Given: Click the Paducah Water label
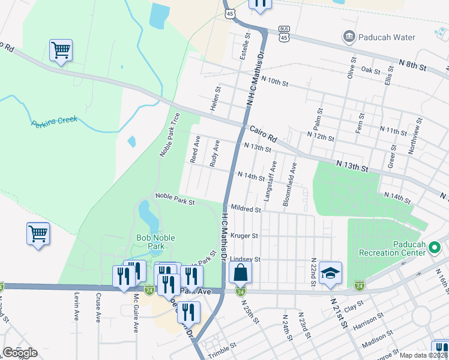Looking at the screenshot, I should pyautogui.click(x=387, y=37).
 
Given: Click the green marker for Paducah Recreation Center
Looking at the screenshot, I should pyautogui.click(x=436, y=246).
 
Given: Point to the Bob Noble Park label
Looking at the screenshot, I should pyautogui.click(x=155, y=242).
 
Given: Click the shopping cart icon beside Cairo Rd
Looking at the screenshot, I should pyautogui.click(x=61, y=50).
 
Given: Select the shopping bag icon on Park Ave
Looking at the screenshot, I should pyautogui.click(x=240, y=272).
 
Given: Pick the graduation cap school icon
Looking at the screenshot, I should pyautogui.click(x=330, y=272).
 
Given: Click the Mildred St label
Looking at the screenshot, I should pyautogui.click(x=246, y=210).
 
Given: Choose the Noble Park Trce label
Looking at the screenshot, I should pyautogui.click(x=169, y=135).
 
